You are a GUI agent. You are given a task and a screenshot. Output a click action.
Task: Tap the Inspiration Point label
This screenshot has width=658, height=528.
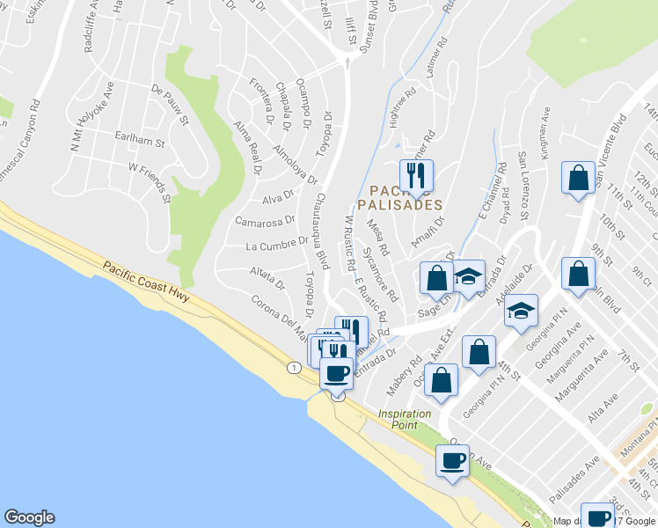[x=405, y=419]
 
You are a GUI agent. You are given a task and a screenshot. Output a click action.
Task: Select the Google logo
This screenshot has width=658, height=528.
[x=29, y=517]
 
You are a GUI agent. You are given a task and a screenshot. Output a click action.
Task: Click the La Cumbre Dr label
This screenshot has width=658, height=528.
[x=277, y=242]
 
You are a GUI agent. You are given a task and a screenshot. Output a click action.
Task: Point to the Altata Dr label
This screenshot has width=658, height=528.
[x=267, y=278]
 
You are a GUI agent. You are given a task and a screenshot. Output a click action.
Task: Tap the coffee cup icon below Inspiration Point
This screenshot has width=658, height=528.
[x=453, y=460]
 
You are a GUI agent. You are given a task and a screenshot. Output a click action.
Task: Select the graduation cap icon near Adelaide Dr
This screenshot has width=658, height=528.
[x=523, y=311]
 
